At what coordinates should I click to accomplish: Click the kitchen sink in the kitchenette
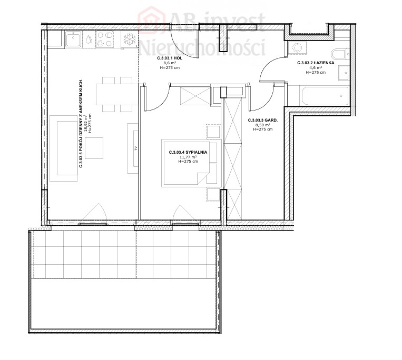(74, 39)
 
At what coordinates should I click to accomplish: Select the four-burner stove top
(105, 39)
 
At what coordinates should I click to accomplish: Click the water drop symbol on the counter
(89, 39)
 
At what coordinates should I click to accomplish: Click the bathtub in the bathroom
(324, 96)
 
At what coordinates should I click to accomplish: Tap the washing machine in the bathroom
(297, 47)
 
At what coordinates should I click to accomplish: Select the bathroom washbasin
(344, 73)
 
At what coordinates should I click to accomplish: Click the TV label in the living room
(135, 148)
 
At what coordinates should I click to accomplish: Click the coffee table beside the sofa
(94, 148)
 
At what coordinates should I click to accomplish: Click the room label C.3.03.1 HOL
(170, 58)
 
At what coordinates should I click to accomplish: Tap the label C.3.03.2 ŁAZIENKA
(316, 63)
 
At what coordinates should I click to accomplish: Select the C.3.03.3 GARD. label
(263, 120)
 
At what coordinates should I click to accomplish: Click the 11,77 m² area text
(188, 157)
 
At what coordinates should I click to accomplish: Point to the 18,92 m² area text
(86, 124)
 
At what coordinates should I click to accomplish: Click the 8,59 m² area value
(263, 125)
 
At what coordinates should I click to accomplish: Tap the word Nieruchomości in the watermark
(202, 47)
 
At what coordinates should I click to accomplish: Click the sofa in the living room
(64, 148)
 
